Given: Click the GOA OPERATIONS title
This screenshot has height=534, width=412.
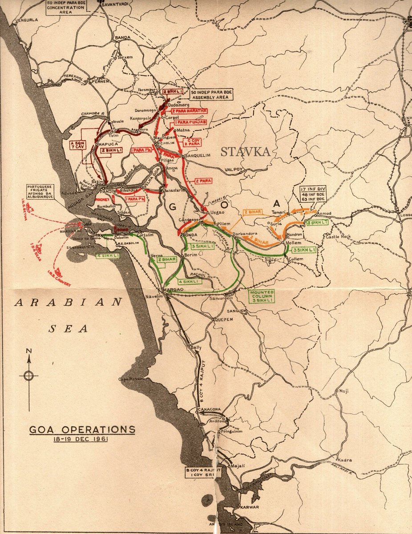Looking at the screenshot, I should click(82, 430).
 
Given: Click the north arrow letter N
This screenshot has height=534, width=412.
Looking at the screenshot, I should click(28, 351).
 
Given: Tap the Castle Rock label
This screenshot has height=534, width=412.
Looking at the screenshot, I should click(339, 236).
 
